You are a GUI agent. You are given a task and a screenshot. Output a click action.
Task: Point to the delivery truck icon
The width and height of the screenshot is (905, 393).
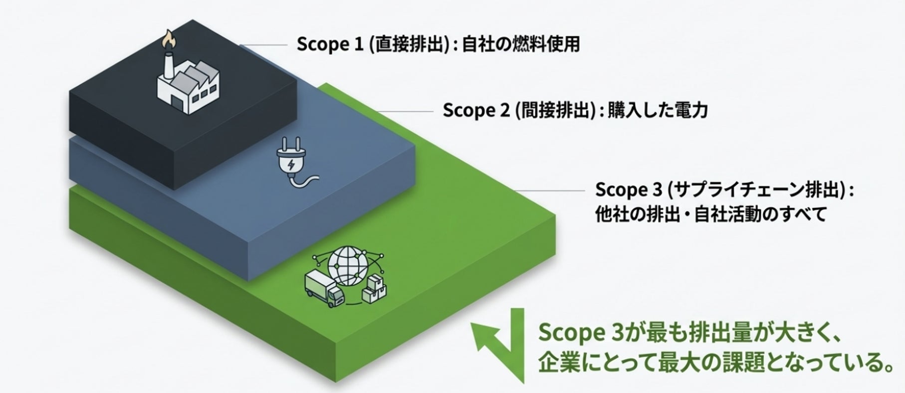pyautogui.click(x=324, y=288)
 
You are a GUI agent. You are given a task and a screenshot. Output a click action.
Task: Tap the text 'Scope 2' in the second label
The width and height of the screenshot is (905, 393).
pyautogui.click(x=476, y=110)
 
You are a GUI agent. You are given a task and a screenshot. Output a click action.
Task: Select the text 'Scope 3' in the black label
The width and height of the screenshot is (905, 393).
pyautogui.click(x=629, y=190)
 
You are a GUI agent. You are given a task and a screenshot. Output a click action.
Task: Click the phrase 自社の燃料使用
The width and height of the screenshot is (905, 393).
pyautogui.click(x=521, y=44)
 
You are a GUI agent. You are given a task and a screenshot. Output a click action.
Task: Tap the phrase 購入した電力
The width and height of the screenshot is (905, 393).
pyautogui.click(x=658, y=110)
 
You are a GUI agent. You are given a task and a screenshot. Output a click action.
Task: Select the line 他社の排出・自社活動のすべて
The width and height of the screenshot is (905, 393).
pyautogui.click(x=711, y=214)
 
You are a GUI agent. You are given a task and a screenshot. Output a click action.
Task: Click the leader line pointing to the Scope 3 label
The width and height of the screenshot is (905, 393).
pyautogui.click(x=550, y=191)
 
